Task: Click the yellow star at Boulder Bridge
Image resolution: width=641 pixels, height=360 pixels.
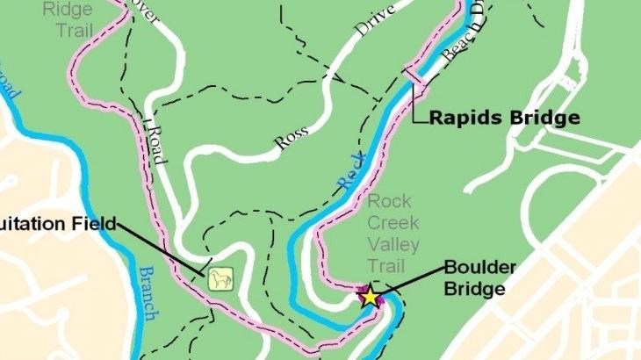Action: point(371,296)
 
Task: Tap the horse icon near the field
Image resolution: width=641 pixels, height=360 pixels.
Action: point(220,279)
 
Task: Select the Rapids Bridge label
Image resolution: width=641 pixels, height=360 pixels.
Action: point(504,118)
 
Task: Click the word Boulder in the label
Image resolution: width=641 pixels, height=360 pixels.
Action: point(480,267)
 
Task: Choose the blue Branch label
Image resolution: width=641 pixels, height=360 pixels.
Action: point(148,292)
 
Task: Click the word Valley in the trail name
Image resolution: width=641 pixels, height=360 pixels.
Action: point(393,245)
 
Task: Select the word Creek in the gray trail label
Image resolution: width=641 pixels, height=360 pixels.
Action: point(393,223)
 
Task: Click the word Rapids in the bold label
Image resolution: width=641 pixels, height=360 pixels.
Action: point(467,118)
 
